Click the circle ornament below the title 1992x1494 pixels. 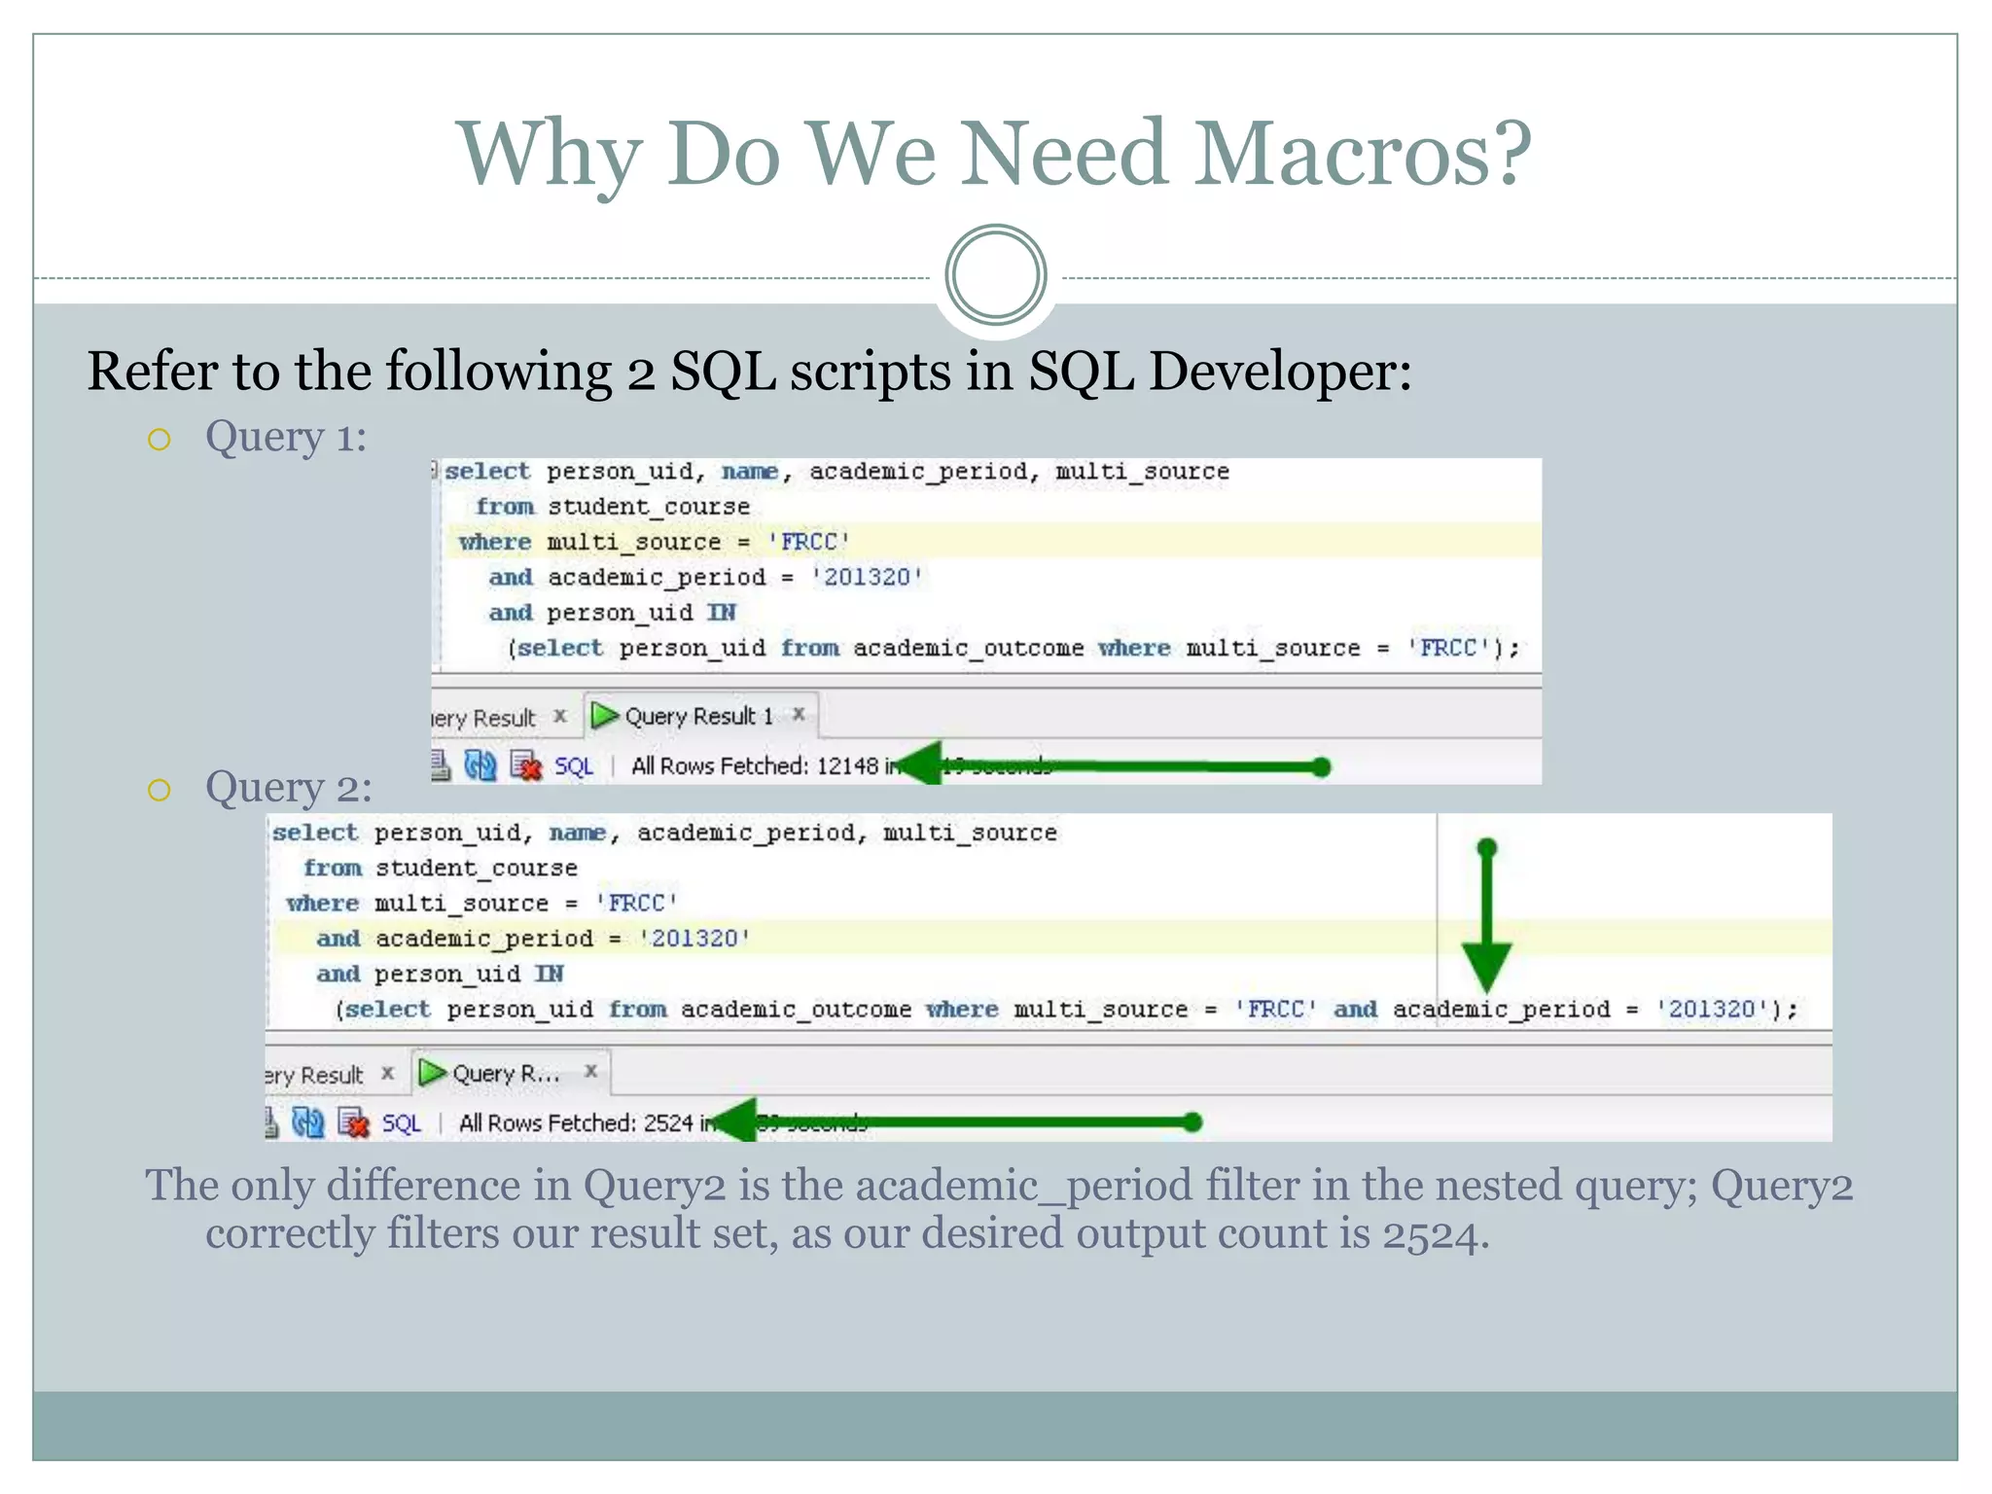click(995, 275)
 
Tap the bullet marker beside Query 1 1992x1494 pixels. click(160, 440)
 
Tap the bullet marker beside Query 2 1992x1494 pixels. click(160, 790)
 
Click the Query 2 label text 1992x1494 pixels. click(288, 787)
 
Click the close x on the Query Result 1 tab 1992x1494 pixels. click(799, 714)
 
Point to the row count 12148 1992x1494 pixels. click(847, 766)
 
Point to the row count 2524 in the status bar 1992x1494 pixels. click(668, 1123)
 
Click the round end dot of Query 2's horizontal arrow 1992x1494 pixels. click(1193, 1122)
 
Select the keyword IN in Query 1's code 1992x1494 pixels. click(721, 613)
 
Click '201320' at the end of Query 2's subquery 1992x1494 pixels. click(1712, 1010)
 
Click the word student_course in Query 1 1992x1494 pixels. click(648, 507)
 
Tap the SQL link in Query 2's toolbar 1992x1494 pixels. click(401, 1124)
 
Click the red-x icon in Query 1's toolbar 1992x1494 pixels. click(526, 766)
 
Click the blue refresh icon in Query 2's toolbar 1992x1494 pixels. click(308, 1123)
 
